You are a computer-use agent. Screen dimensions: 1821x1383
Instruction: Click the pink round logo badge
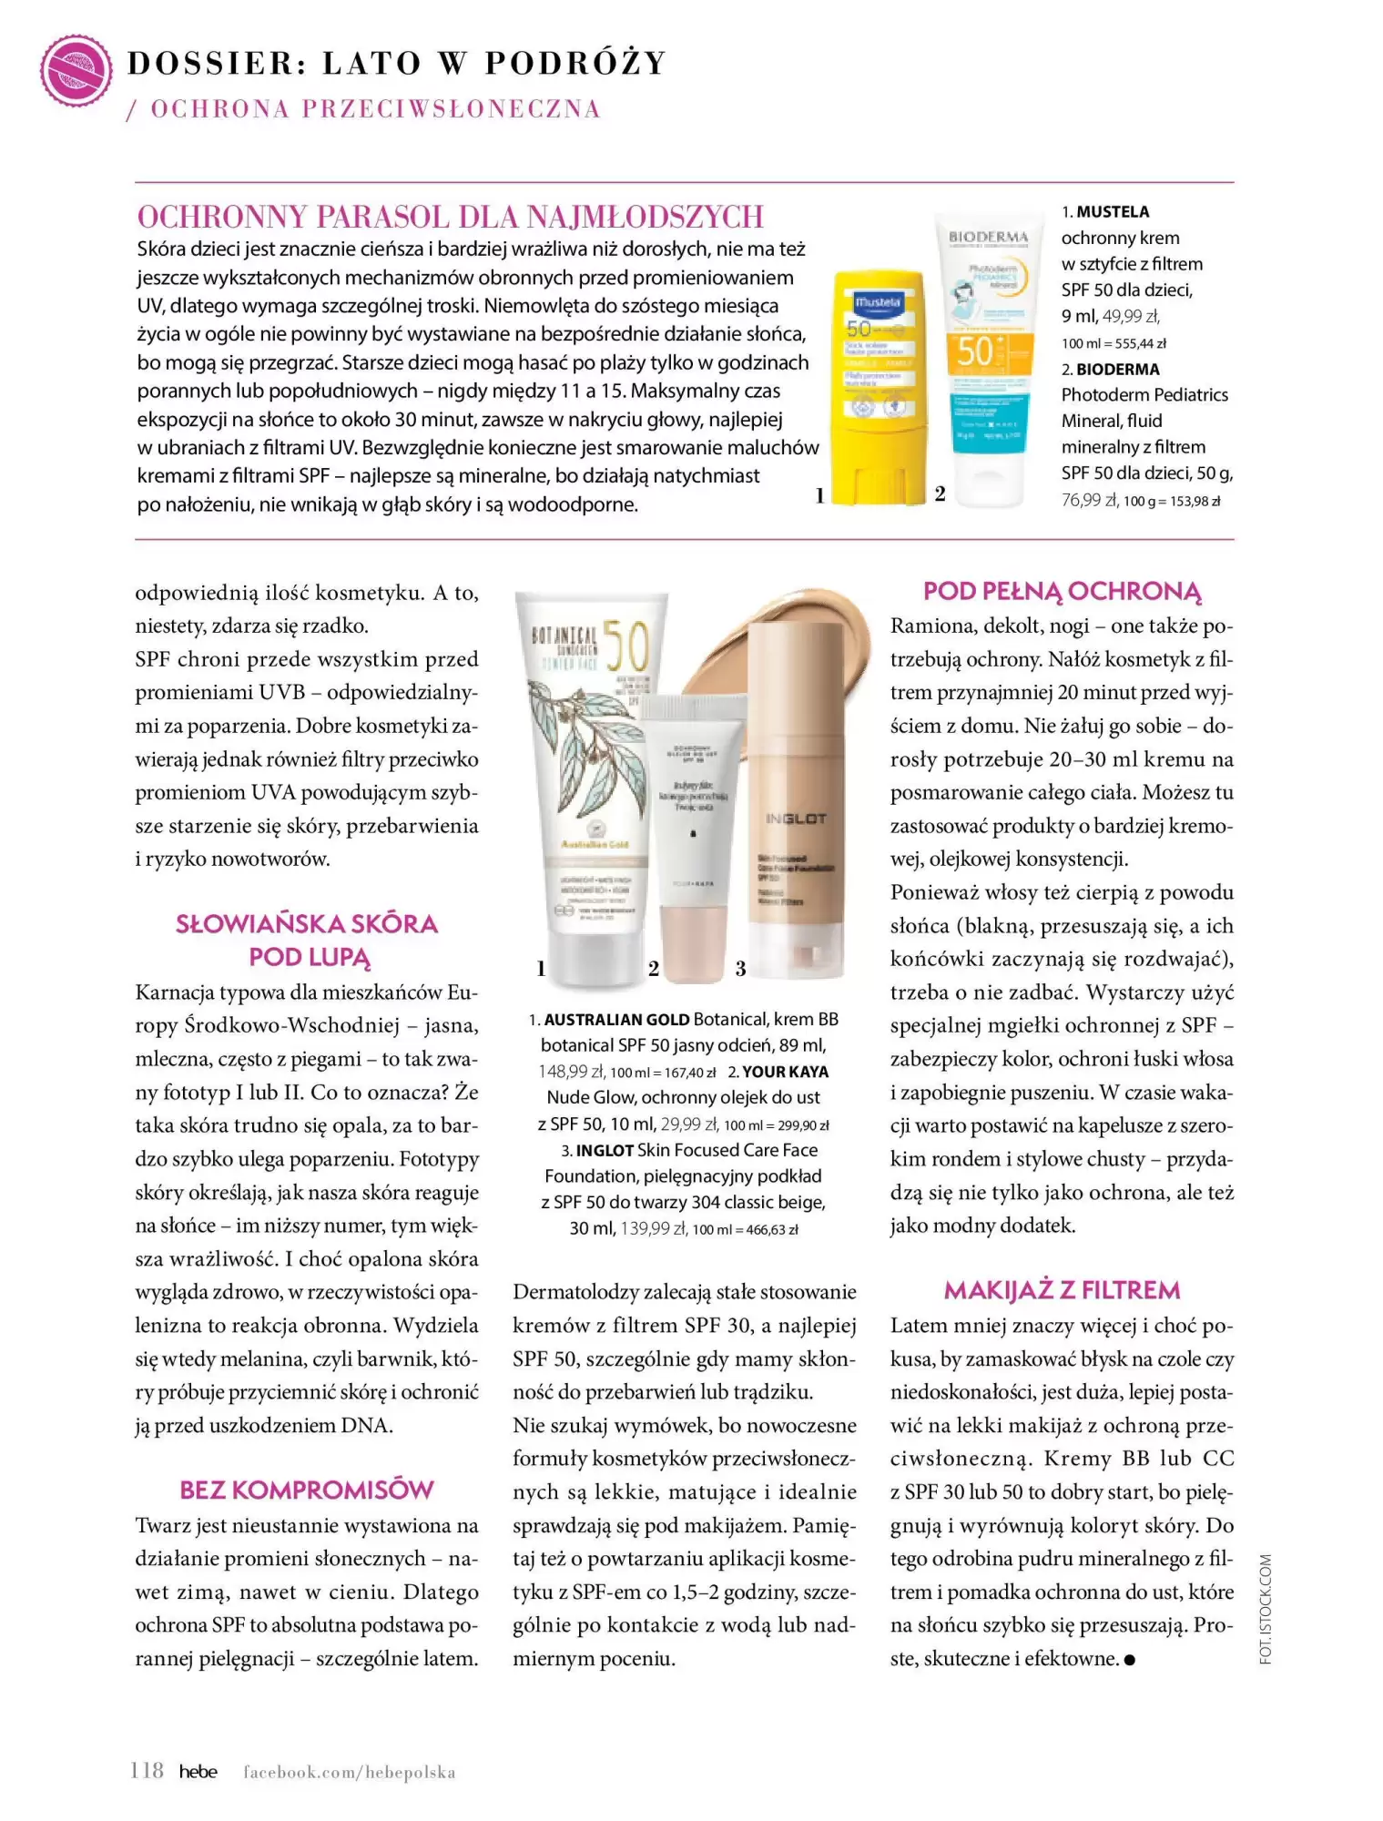(76, 69)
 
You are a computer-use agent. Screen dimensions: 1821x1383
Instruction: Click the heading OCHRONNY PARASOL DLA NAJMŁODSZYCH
(450, 217)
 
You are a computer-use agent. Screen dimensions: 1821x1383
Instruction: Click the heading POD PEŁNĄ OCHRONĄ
(1062, 592)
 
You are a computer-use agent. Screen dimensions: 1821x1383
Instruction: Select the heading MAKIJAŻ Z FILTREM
(1062, 1290)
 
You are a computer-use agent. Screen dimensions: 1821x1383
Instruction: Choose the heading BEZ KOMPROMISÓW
(307, 1490)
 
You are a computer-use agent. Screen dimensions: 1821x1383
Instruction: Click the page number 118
(147, 1771)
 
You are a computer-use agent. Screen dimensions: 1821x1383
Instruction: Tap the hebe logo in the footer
(198, 1772)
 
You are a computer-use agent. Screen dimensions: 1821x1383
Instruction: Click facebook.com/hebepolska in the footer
(349, 1772)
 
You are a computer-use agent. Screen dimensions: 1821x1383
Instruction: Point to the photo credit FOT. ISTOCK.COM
(1266, 1609)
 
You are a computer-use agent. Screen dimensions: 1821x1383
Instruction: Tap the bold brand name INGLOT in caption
(605, 1151)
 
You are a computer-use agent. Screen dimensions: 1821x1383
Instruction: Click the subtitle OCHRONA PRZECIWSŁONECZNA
(375, 109)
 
